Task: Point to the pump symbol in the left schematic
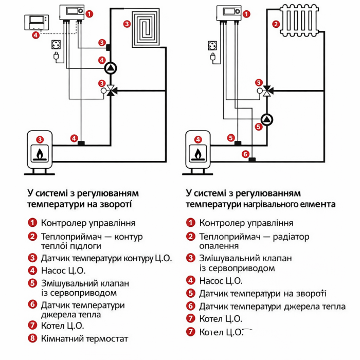tap(111, 67)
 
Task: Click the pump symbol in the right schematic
tap(267, 120)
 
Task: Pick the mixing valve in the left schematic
tap(111, 91)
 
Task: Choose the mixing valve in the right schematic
tap(267, 91)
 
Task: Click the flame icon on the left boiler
tap(40, 153)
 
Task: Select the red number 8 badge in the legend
tap(32, 339)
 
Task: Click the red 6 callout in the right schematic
tap(245, 154)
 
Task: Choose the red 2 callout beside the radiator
tap(276, 24)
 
